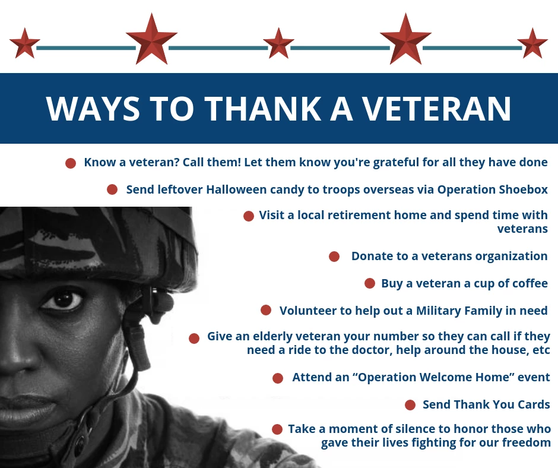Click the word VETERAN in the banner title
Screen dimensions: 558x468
point(436,108)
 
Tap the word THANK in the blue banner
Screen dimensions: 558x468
point(262,108)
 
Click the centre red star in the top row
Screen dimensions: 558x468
point(278,43)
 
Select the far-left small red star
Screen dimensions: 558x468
point(24,43)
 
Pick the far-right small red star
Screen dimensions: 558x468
point(532,43)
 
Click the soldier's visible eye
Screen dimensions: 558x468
point(63,301)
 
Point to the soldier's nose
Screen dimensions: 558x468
point(18,356)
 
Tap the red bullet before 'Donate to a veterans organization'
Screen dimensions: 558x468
point(334,257)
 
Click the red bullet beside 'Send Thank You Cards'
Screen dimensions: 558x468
point(410,405)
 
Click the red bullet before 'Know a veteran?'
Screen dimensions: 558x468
point(71,163)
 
